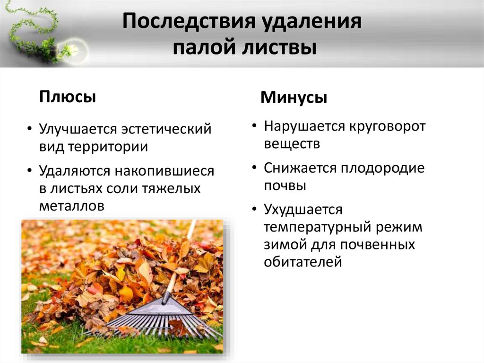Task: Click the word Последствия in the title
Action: pos(189,21)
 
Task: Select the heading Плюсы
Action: pos(68,97)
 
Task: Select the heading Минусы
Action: pos(294,97)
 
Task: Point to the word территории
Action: pos(108,147)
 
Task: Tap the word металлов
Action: pos(72,206)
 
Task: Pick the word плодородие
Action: pos(383,168)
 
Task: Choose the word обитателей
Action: pos(303,262)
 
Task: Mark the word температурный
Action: pos(317,228)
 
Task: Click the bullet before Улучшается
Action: pos(30,129)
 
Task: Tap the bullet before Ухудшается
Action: pos(254,209)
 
